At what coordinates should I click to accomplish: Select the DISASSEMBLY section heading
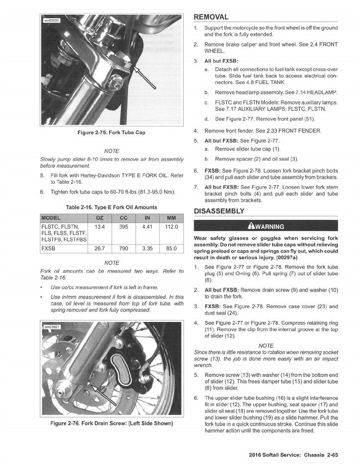219,211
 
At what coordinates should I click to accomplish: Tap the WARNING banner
266,226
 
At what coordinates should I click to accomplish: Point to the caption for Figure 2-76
112,423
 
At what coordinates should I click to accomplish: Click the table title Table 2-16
112,207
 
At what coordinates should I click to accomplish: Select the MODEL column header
51,218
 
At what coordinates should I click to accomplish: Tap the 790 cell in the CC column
124,248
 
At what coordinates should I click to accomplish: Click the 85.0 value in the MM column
171,248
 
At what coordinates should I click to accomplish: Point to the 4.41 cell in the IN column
147,227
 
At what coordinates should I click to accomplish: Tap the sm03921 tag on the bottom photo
51,326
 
